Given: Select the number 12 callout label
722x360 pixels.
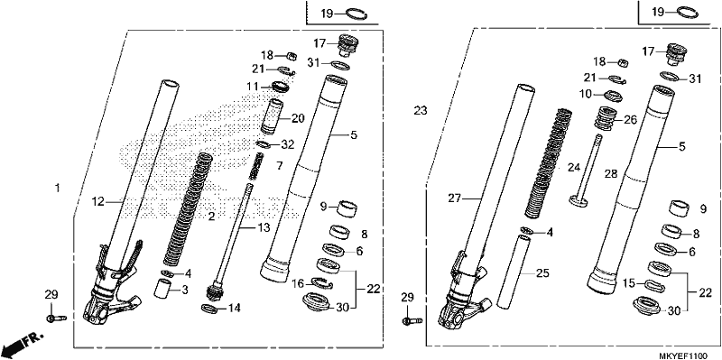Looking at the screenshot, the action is click(98, 201).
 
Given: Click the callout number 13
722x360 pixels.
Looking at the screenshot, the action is click(263, 227).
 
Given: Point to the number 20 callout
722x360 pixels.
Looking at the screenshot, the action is click(298, 118).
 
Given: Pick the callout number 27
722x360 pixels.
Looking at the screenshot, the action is click(455, 198).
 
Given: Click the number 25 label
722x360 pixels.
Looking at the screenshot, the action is click(542, 273).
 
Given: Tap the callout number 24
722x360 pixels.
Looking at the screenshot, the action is click(574, 169).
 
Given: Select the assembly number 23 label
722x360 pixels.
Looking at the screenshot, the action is click(420, 111).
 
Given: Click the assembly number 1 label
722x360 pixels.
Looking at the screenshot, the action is click(57, 189).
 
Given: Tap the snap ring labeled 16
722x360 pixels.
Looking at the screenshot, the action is click(321, 283).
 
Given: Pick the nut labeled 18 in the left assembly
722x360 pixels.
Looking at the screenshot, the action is click(291, 56).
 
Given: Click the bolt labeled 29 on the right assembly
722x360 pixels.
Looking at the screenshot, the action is click(413, 320).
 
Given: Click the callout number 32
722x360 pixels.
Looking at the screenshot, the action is click(287, 145).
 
